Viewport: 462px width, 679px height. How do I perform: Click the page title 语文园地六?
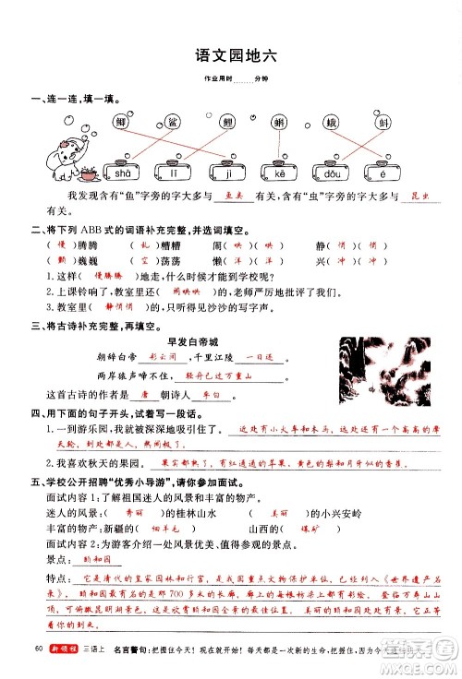pos(230,54)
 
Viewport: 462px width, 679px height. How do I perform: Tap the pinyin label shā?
pos(120,173)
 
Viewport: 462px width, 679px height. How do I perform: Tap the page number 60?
pos(38,651)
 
